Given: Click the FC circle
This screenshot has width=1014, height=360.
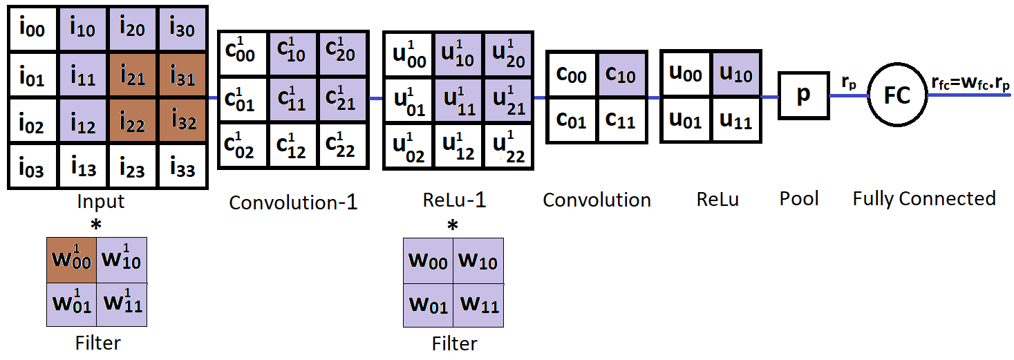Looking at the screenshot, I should click(897, 95).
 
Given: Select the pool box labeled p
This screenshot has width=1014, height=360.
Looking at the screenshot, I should click(803, 95).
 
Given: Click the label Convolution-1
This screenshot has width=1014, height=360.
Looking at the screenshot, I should click(293, 202).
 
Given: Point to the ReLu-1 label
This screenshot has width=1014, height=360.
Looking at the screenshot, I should click(454, 200).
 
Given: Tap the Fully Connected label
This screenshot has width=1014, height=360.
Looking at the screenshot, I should click(923, 199).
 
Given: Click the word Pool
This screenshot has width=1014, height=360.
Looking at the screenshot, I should click(799, 199).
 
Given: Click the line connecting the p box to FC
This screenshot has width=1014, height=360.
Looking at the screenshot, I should click(849, 95).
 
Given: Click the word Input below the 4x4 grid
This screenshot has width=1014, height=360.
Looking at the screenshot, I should click(101, 202).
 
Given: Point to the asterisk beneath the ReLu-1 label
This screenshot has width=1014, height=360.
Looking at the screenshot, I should click(453, 225).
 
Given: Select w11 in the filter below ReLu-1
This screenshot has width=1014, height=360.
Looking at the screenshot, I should click(478, 304).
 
